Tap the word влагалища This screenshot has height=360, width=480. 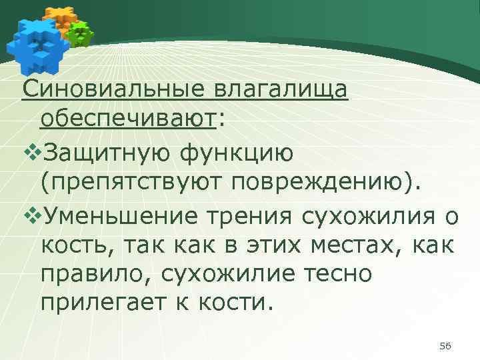pos(281,88)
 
